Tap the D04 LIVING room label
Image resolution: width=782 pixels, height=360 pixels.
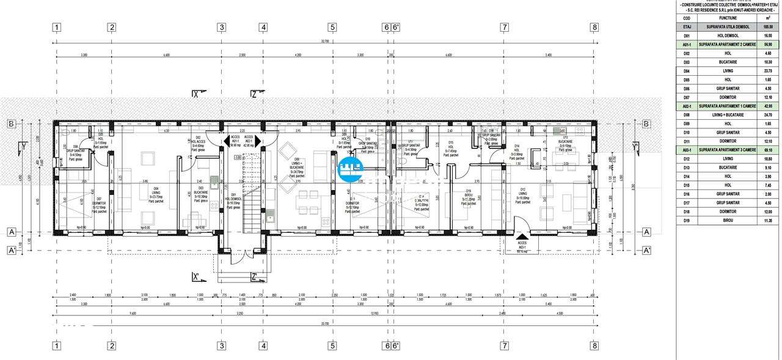pyautogui.click(x=156, y=191)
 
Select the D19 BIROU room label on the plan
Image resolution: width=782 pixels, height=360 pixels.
pyautogui.click(x=469, y=195)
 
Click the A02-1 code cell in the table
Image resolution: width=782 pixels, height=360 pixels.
pyautogui.click(x=687, y=106)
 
